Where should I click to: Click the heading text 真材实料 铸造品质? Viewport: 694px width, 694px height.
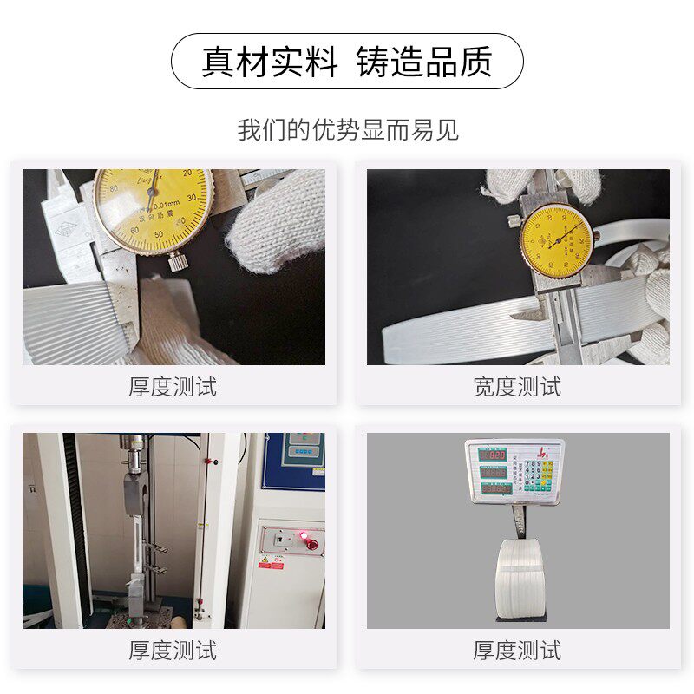347,62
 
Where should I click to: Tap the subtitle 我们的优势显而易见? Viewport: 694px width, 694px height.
347,130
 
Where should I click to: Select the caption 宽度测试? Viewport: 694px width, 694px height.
517,387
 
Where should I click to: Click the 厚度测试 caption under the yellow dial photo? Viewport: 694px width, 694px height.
173,387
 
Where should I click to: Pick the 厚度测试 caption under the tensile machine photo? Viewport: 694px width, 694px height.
173,650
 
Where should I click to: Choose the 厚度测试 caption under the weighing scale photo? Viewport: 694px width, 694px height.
517,650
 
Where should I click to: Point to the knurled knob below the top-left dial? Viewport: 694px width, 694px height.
178,259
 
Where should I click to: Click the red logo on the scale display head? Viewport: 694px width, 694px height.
545,449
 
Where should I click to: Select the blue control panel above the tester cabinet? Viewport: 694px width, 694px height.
295,460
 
